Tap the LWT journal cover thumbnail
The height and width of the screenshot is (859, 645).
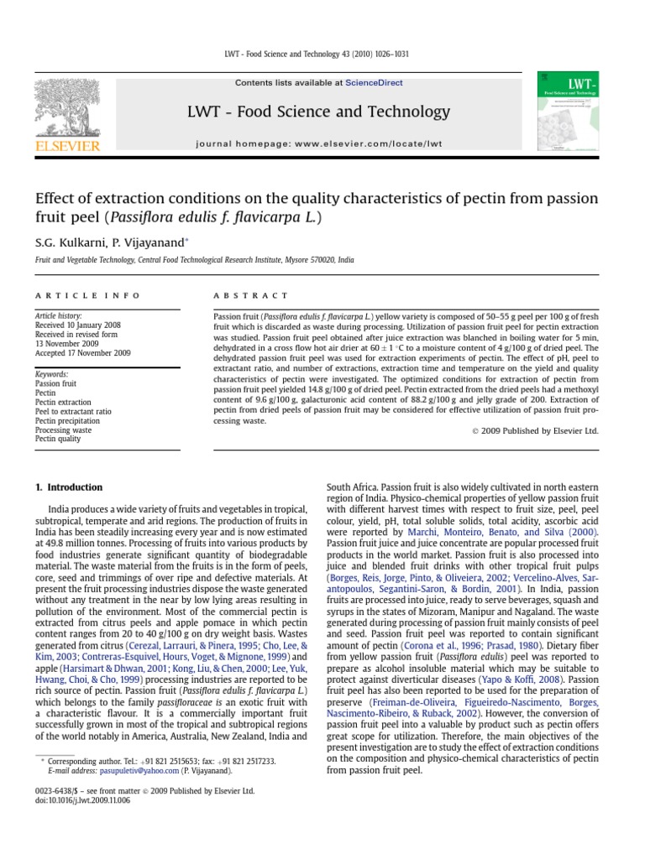click(x=568, y=111)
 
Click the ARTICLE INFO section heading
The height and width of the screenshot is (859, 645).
click(x=87, y=296)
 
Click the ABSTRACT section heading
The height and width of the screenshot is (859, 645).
click(x=239, y=296)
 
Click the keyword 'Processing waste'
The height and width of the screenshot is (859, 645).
click(x=64, y=429)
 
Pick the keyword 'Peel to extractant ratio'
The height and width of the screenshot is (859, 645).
click(x=73, y=411)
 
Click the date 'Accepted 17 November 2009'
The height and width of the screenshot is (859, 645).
click(x=82, y=353)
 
